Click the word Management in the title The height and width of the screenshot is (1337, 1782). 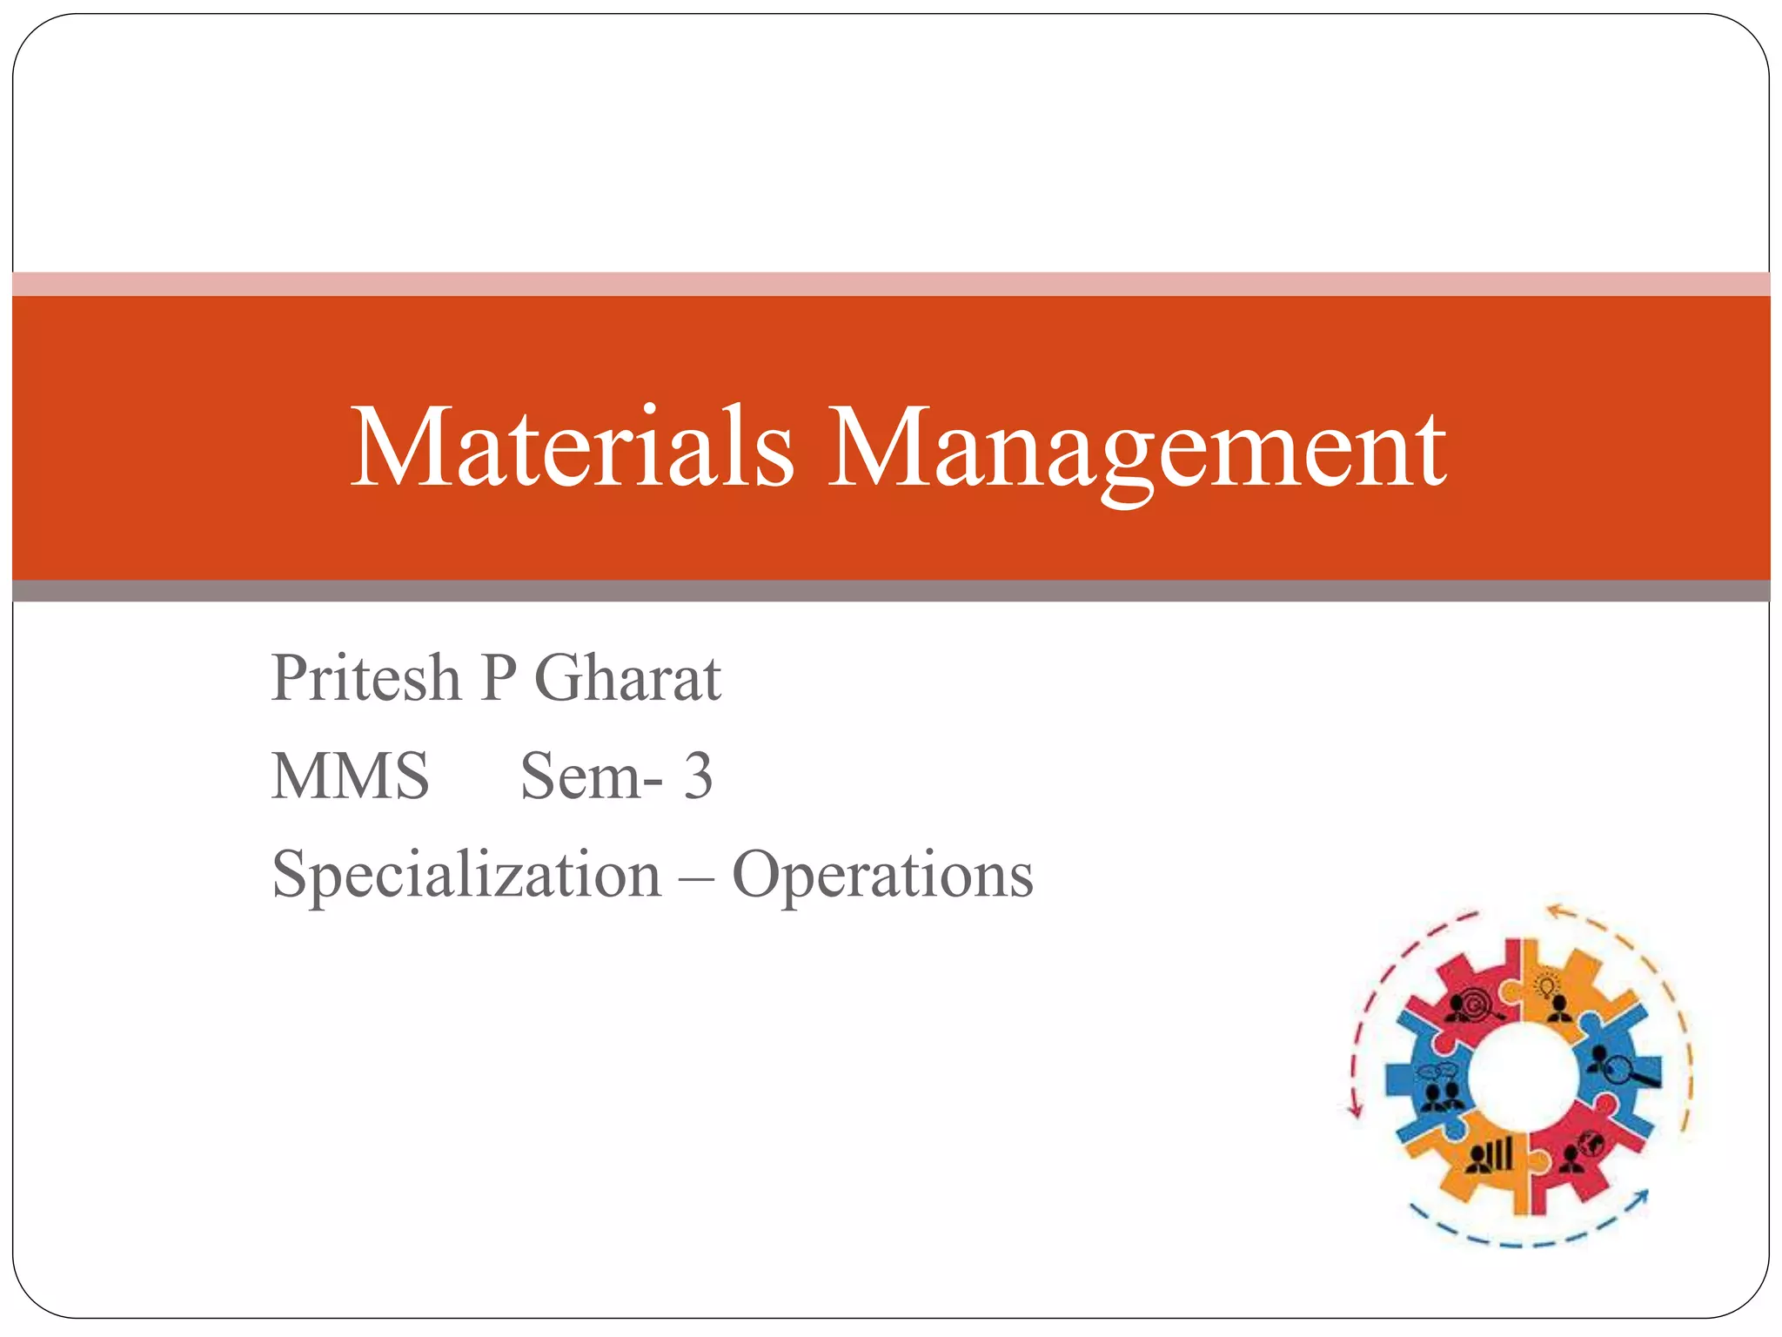tap(1136, 447)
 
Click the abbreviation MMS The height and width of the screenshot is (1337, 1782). tap(350, 776)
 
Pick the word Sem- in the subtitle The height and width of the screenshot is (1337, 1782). tap(591, 776)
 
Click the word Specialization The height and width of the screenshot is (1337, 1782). tap(466, 875)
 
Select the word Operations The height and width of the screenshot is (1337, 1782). tap(882, 875)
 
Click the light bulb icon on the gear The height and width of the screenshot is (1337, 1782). tap(1547, 987)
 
